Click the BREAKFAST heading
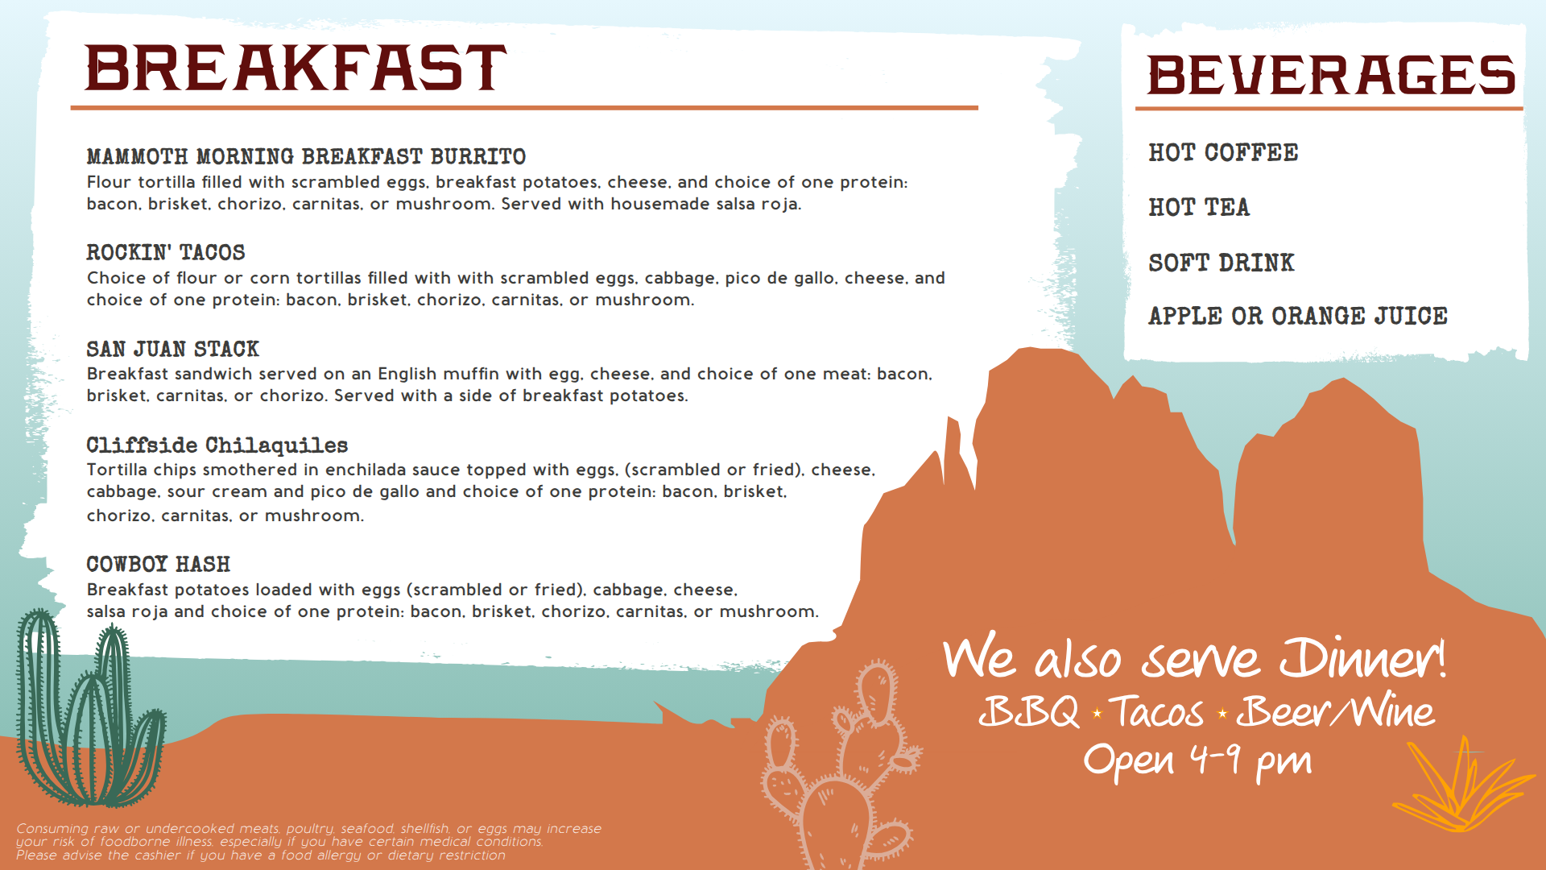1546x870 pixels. (296, 68)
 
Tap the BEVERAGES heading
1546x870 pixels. (1331, 75)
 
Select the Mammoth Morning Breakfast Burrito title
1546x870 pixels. (306, 156)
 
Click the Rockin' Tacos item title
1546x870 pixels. (166, 252)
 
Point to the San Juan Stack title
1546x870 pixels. (173, 349)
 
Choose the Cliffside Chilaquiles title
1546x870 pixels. (217, 445)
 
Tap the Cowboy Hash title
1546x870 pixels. (159, 564)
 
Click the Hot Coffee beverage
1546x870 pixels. (1223, 152)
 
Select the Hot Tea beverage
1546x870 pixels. (1199, 207)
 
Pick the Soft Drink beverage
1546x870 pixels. (1222, 263)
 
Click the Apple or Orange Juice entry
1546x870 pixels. (1298, 316)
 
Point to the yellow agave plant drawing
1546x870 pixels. (1461, 785)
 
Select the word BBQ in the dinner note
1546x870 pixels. (1029, 712)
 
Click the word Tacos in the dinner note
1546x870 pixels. (1156, 712)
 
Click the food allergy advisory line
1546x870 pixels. (261, 855)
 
